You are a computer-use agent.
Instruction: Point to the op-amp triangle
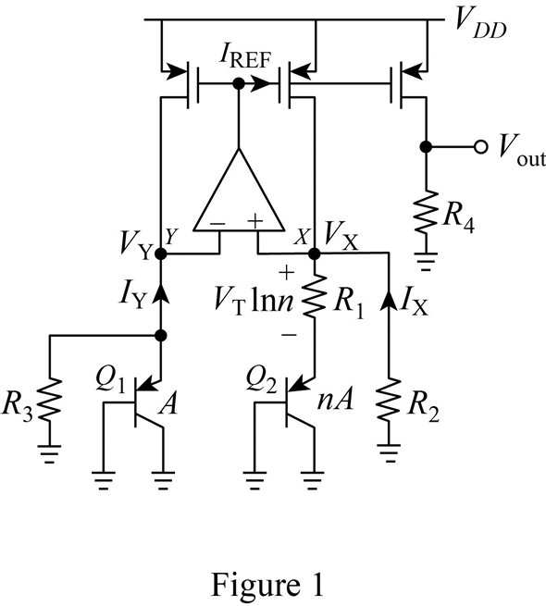pos(239,194)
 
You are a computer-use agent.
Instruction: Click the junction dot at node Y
pos(160,252)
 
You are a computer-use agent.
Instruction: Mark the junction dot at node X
pos(316,252)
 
